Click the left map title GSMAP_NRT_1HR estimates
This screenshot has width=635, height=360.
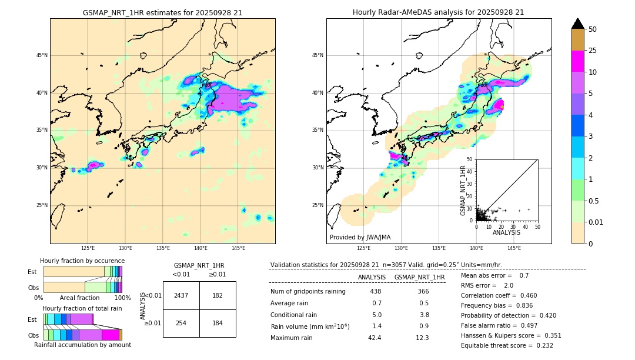pos(162,12)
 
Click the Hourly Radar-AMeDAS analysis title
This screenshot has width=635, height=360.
pos(438,12)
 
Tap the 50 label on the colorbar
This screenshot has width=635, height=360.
pos(593,29)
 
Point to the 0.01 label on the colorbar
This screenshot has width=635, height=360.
pos(596,222)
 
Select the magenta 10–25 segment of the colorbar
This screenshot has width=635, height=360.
pos(577,61)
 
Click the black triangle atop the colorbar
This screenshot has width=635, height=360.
pos(577,24)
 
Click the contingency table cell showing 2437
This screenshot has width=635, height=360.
pos(181,295)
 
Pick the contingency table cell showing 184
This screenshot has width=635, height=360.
pos(218,323)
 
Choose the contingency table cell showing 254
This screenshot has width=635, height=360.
pos(181,323)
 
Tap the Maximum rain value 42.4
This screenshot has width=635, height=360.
pos(375,338)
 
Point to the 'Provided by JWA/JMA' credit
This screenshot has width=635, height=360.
pos(360,238)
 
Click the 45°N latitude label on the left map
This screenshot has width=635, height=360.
pos(42,55)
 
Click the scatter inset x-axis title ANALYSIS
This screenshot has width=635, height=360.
pos(506,232)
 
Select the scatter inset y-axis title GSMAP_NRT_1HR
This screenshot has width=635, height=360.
pos(463,190)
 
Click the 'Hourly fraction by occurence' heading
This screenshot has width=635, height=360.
pos(82,261)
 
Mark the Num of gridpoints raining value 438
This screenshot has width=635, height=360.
pos(375,291)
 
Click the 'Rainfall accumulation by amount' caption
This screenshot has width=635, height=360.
pos(82,345)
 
